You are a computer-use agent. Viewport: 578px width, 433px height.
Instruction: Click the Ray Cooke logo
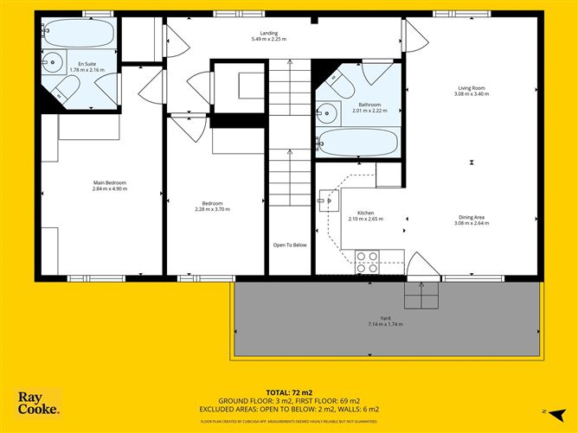tap(39, 403)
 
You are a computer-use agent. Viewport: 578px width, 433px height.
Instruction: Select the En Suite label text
tap(87, 64)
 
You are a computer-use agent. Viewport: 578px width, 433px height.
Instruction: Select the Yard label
tap(385, 319)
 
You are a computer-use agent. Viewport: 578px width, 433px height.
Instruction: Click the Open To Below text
tap(290, 245)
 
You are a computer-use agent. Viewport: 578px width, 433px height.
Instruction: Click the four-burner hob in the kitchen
tap(367, 259)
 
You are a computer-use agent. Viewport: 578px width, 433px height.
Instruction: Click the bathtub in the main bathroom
tap(357, 143)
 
